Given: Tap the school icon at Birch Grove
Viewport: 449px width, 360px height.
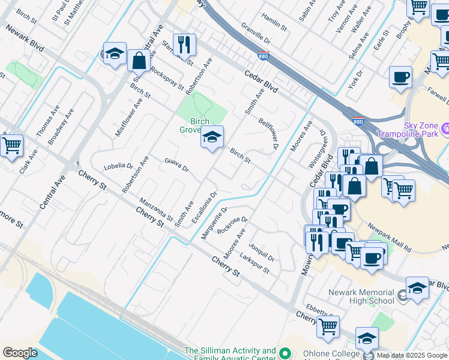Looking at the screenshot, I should (x=211, y=137).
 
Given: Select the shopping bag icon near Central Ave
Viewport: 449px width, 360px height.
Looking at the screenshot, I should (x=139, y=60).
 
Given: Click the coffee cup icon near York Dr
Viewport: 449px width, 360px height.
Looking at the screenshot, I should (x=400, y=77).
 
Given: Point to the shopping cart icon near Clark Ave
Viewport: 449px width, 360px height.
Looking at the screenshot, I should (x=11, y=145).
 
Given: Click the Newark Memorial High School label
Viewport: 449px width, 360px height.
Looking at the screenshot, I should (x=361, y=297).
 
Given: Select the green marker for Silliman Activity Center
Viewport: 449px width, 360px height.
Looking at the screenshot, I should (x=286, y=355).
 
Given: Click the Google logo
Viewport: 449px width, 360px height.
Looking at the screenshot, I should (x=20, y=353).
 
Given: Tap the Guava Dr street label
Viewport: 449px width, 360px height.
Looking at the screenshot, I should (x=176, y=164).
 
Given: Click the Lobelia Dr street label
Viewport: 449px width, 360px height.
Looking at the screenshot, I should (x=118, y=166).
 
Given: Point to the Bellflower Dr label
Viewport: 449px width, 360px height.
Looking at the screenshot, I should (x=269, y=133).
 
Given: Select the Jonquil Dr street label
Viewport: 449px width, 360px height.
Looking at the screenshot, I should (x=262, y=250).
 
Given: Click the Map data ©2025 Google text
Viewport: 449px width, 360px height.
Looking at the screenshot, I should (x=412, y=355).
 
